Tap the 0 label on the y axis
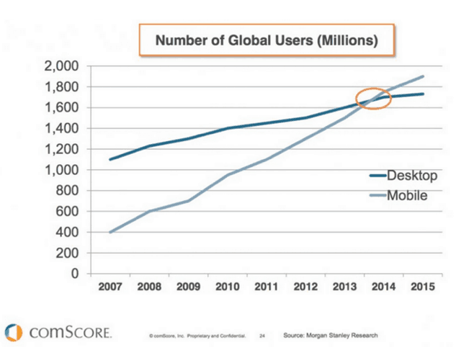[x=75, y=274]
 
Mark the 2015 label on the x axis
[x=423, y=288]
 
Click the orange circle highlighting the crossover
[x=373, y=99]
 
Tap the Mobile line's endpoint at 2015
[x=423, y=76]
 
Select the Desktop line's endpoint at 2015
[x=423, y=94]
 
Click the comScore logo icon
[x=14, y=333]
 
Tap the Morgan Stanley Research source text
[x=329, y=335]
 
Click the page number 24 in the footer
[x=262, y=336]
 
